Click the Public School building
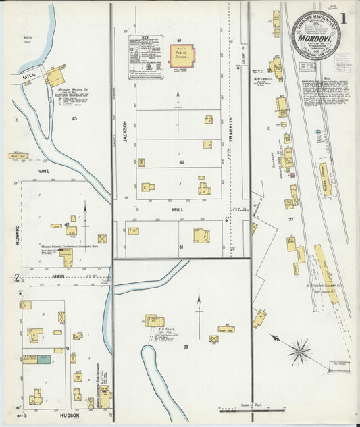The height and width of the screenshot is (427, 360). [x=181, y=56]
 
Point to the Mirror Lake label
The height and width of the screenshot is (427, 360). [x=28, y=40]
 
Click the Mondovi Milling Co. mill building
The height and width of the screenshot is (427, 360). [x=55, y=77]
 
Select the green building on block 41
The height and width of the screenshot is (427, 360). [x=43, y=359]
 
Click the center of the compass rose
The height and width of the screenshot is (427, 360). [x=299, y=351]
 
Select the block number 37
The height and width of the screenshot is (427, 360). [x=291, y=220]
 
